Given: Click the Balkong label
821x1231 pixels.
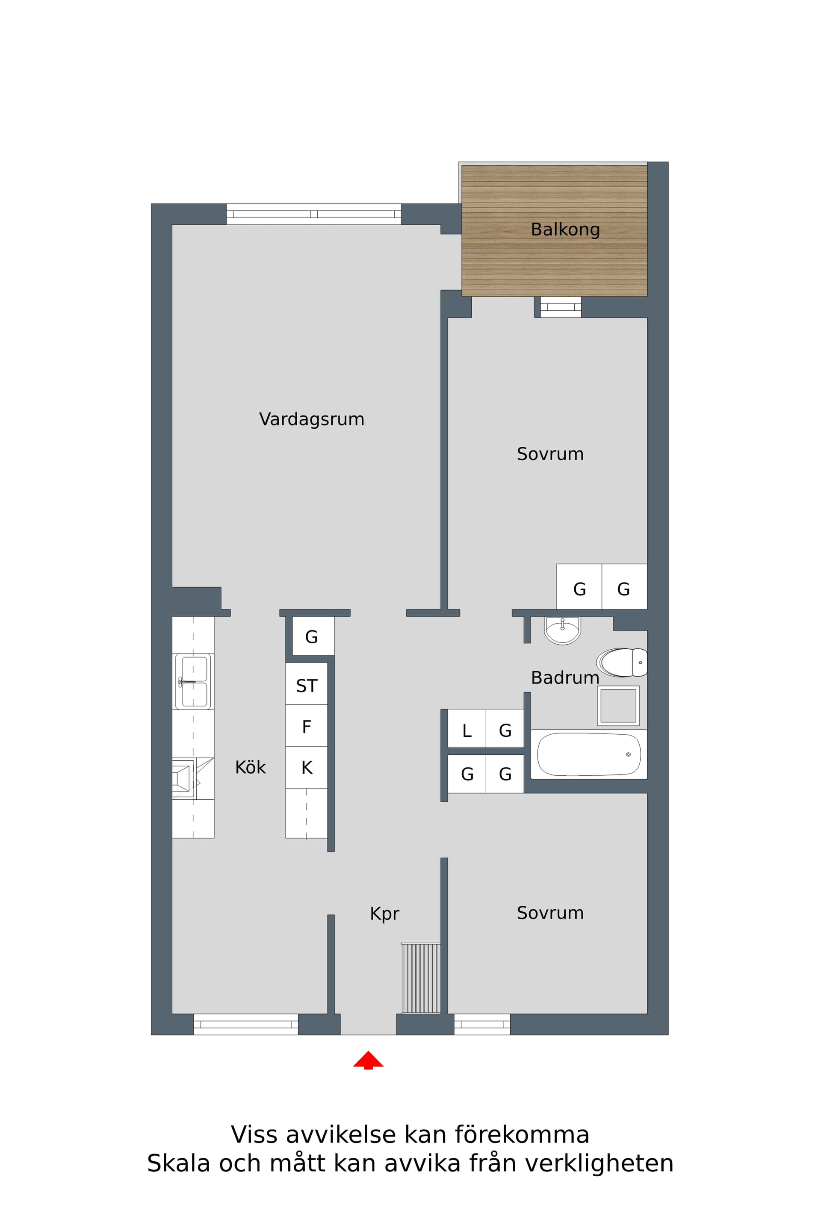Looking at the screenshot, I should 565,230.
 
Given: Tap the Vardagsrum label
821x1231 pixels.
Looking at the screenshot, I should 312,419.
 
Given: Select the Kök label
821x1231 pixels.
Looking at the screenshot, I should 250,768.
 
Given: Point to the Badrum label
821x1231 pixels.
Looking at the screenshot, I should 564,678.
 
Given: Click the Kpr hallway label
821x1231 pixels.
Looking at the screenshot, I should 384,914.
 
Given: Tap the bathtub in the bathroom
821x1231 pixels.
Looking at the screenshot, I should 588,754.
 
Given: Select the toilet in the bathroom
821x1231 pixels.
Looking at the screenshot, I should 622,663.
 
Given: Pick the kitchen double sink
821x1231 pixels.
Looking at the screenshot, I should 193,681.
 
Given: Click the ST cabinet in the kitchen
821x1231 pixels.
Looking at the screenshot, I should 306,686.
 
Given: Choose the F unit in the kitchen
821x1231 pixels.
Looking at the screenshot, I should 306,727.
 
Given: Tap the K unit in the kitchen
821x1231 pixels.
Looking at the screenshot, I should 306,768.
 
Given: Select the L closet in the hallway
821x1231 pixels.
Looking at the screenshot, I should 467,730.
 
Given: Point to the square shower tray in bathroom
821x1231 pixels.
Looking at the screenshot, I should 618,706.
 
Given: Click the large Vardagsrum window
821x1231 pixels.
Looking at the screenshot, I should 313,214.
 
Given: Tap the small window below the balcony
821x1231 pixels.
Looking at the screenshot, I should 560,307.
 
